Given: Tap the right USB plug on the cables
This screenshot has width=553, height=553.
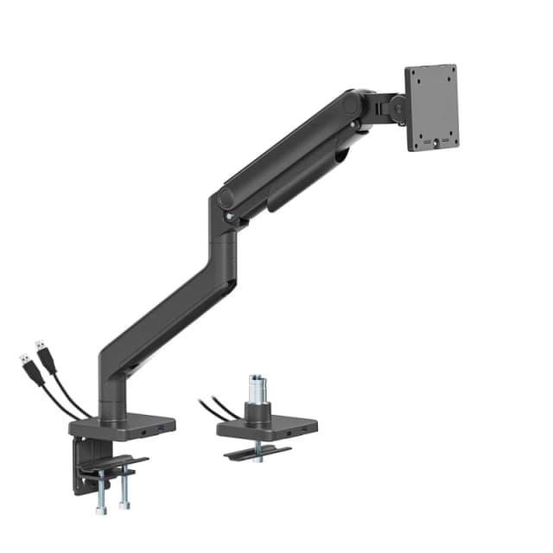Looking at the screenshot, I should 42,352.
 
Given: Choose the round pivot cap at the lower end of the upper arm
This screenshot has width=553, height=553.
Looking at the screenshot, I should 226,198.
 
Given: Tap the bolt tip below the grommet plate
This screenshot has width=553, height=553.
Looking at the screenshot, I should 257,460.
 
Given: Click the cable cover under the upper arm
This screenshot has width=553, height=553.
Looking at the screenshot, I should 302,186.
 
